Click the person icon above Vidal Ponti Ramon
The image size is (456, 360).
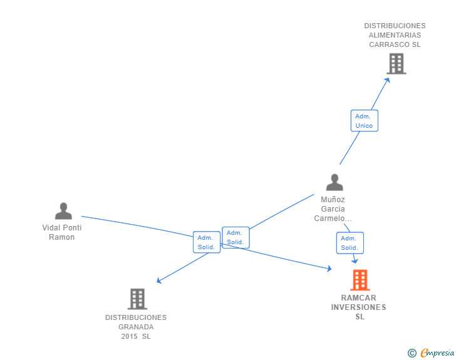pyautogui.click(x=63, y=211)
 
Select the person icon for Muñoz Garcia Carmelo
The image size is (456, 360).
pyautogui.click(x=334, y=182)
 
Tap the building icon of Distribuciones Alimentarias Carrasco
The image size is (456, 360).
pyautogui.click(x=396, y=63)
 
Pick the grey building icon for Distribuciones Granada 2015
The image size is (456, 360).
pyautogui.click(x=137, y=299)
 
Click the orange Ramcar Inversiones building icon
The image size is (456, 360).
pyautogui.click(x=360, y=280)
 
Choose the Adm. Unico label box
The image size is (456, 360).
pyautogui.click(x=364, y=121)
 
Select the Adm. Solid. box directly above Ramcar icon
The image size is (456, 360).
pyautogui.click(x=350, y=243)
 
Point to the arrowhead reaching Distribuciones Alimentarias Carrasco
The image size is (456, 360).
pyautogui.click(x=388, y=79)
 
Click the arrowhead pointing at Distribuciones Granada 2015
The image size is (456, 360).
pyautogui.click(x=159, y=281)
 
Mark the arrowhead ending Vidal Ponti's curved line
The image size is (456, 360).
pyautogui.click(x=329, y=269)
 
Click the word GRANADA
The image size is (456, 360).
pyautogui.click(x=136, y=327)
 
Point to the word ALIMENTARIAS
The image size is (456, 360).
pyautogui.click(x=395, y=36)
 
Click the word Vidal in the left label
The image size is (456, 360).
pyautogui.click(x=51, y=228)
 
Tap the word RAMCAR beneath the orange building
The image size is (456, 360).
pyautogui.click(x=359, y=298)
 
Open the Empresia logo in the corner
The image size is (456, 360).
pyautogui.click(x=437, y=353)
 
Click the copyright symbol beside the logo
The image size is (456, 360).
pyautogui.click(x=412, y=353)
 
